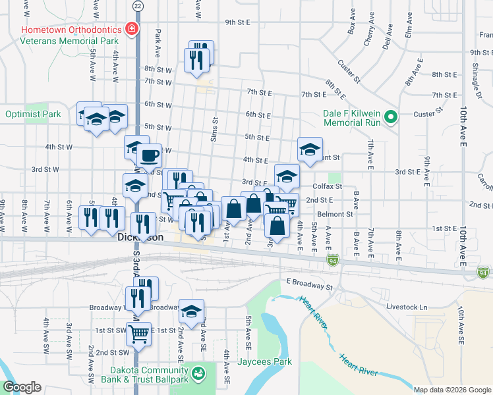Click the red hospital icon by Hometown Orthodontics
point(132,30)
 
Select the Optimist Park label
point(33,114)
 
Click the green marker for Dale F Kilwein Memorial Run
point(391,118)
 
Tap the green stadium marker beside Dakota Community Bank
point(198,374)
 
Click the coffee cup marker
point(149,156)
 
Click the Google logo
point(22,387)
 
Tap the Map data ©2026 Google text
point(452,390)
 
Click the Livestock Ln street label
point(407,307)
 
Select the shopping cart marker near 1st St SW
point(138,334)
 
